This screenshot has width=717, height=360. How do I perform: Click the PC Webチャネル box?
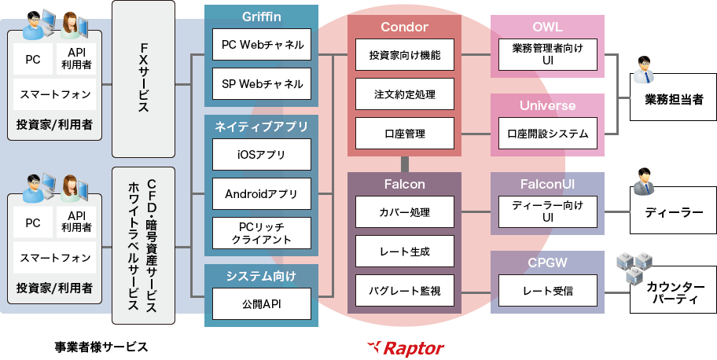click(261, 45)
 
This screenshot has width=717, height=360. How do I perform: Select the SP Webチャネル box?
click(261, 83)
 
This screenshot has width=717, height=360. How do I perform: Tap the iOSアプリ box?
click(261, 155)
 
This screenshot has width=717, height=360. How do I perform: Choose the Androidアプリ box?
click(261, 193)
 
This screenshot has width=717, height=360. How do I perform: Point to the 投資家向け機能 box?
click(404, 56)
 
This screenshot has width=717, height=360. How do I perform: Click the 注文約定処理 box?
click(404, 94)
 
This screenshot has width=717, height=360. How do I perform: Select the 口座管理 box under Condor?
click(404, 134)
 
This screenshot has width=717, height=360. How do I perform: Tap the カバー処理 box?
click(404, 212)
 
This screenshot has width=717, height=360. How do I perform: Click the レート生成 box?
click(404, 252)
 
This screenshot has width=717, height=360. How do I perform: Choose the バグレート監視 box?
click(404, 291)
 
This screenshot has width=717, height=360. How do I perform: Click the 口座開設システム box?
click(548, 134)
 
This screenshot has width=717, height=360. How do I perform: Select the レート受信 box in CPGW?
click(548, 291)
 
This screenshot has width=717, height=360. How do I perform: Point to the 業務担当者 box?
click(673, 100)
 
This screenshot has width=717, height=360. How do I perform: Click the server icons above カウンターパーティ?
click(634, 267)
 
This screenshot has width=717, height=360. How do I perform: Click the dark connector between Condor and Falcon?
click(404, 164)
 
